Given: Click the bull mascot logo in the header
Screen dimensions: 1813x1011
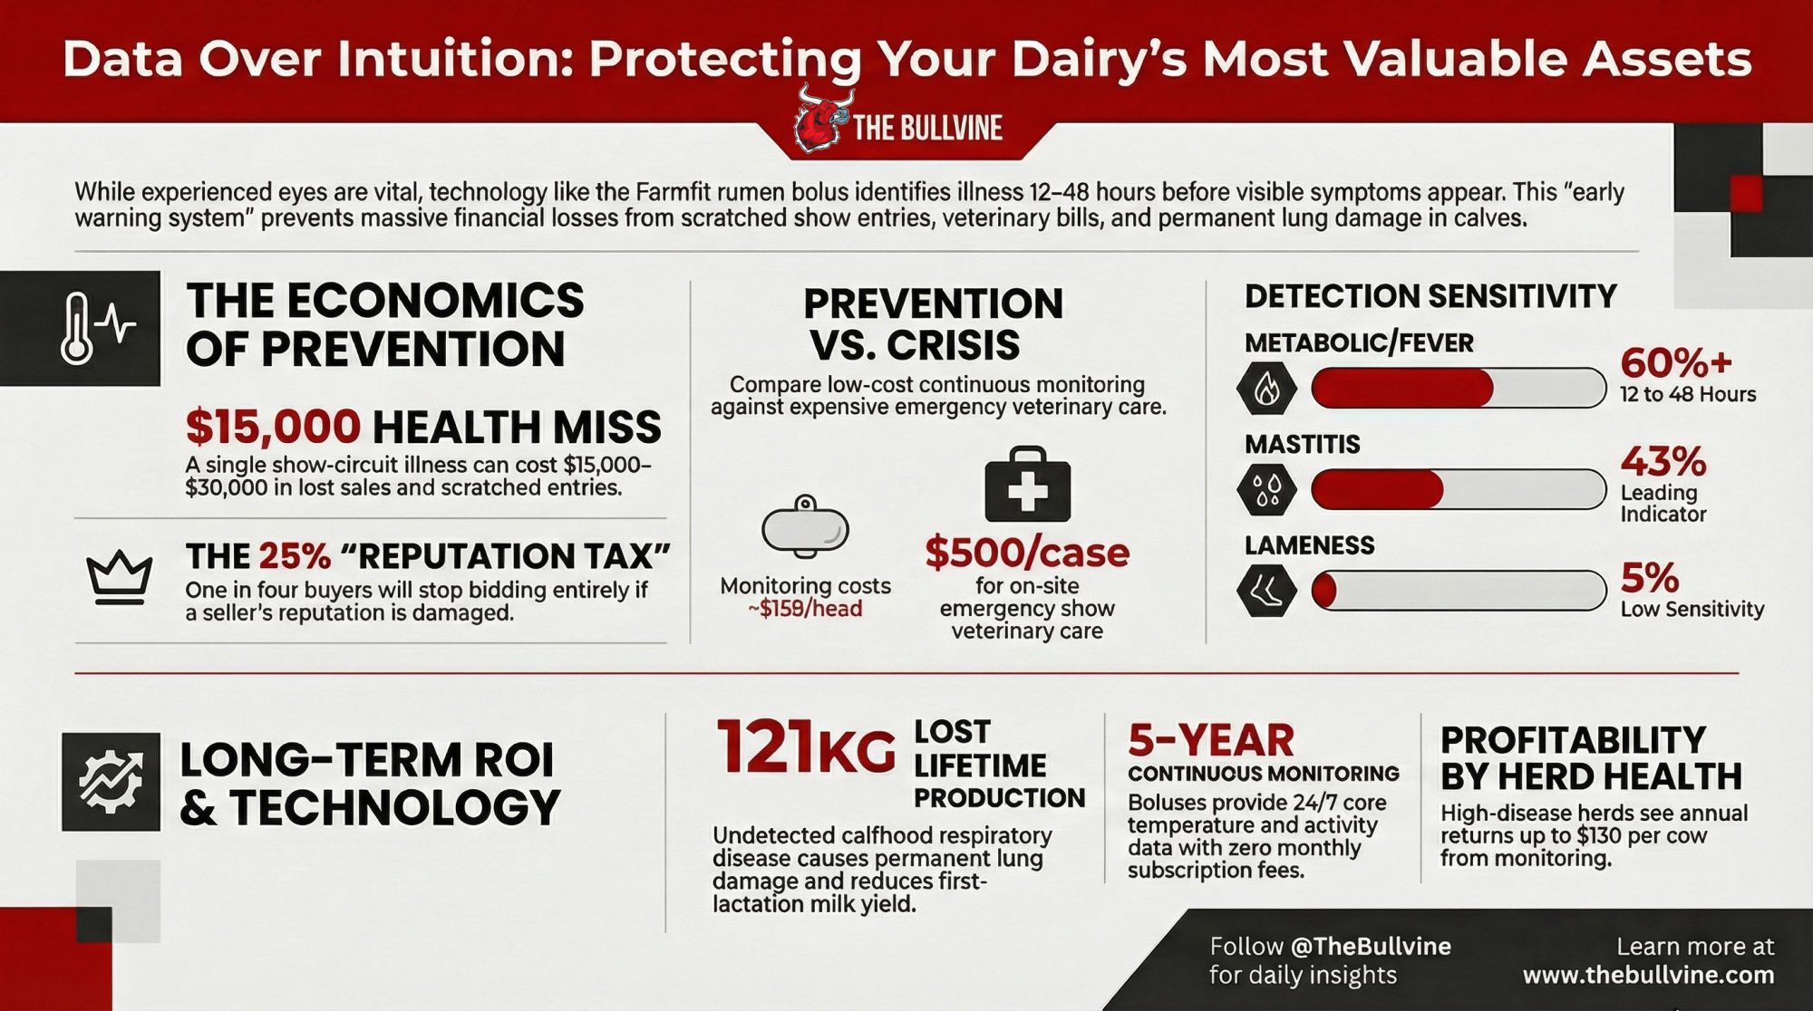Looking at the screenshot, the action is pos(822,119).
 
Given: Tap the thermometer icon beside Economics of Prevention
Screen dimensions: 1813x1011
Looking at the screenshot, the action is pos(78,328).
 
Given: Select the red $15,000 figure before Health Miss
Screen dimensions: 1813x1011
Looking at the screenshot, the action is pos(273,427).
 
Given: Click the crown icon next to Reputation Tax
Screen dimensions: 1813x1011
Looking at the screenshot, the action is pos(119,578).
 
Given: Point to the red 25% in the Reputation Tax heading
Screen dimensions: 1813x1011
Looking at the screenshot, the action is pos(295,556).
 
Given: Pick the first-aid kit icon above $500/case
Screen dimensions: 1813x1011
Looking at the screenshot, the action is pos(1027,484).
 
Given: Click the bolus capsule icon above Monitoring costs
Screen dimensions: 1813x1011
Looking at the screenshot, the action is pos(805,526).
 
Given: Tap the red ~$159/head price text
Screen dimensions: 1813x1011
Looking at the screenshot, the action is pos(805,609).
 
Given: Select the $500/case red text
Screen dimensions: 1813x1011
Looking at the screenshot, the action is pos(1027,553).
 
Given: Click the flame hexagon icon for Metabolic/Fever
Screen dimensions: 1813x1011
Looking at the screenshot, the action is pos(1266,389).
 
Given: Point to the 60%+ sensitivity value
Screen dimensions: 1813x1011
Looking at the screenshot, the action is pos(1676,362).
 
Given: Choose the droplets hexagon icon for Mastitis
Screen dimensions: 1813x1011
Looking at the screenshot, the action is pos(1266,490).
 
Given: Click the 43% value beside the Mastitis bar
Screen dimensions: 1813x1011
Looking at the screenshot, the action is pos(1663,462).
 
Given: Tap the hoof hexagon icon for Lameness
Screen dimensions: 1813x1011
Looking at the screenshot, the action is pos(1266,591).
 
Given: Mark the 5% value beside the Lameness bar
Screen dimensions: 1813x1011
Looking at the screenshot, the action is pos(1650,578).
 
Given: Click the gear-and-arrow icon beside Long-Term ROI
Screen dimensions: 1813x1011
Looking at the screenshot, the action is pos(111,782).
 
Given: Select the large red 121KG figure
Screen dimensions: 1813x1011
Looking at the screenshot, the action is pos(805,748).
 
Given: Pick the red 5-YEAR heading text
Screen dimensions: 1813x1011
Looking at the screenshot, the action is pos(1211,741).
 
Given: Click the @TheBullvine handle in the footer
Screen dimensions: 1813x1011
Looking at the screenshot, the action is pos(1370,947).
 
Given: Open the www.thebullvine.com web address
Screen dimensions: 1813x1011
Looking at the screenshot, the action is pos(1648,976).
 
